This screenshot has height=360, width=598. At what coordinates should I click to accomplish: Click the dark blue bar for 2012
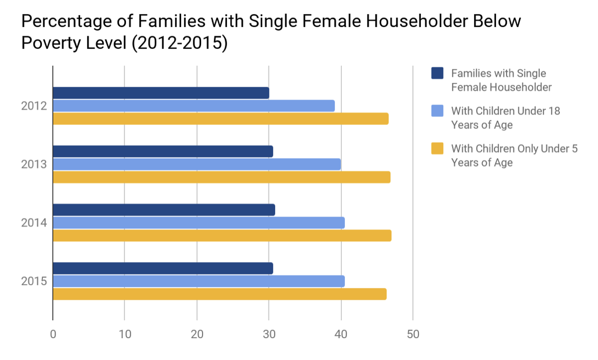(161, 93)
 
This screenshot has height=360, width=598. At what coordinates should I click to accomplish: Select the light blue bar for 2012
(194, 106)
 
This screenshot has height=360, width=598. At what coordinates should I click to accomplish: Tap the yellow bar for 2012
(220, 118)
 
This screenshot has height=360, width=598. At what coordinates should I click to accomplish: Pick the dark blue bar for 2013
(163, 151)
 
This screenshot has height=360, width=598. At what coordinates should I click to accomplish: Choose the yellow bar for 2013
(221, 177)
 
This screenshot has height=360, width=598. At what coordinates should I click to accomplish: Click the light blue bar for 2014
(198, 223)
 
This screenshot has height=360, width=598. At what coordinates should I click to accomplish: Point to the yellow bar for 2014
(222, 236)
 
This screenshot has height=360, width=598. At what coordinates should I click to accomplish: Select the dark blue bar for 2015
(163, 268)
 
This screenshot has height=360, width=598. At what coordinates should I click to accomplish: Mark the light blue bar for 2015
(198, 281)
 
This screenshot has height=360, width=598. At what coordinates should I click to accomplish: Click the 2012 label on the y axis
(34, 106)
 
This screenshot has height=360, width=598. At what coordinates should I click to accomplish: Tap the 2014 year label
(34, 223)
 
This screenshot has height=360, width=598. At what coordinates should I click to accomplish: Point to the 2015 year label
(34, 281)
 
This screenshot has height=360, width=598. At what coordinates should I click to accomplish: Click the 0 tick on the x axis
(53, 335)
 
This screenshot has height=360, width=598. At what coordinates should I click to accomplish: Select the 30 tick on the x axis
(269, 335)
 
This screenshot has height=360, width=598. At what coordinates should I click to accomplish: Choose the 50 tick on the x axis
(413, 335)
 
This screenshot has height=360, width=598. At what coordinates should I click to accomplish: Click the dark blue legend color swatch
(437, 73)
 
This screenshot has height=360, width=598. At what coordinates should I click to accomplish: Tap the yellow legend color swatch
(437, 149)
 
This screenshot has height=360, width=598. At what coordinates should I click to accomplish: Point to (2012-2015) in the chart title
(179, 43)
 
